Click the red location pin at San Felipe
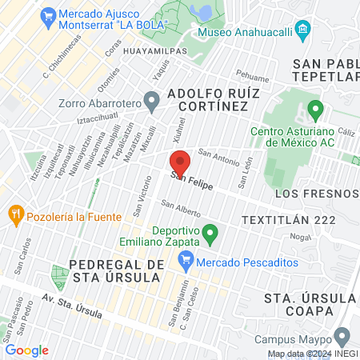point(180,162)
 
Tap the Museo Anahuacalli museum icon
point(302,32)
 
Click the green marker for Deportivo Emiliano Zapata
point(210,235)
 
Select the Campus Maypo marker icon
point(343,336)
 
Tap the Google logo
point(26,350)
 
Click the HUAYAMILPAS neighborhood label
point(157,51)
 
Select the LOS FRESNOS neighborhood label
point(314,194)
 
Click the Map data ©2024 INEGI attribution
point(312,354)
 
